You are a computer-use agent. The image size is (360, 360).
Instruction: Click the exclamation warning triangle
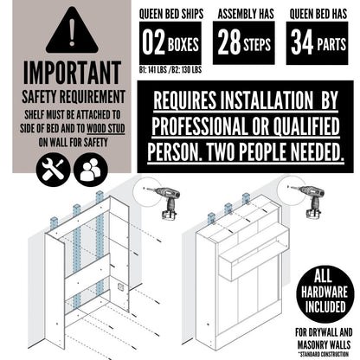point(72,32)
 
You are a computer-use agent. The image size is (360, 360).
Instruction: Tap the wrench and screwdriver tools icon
point(53,170)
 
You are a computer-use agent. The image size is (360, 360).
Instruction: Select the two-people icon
point(91,170)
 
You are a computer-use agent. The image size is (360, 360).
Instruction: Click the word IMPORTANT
point(72,73)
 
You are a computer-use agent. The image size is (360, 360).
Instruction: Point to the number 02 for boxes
point(153,43)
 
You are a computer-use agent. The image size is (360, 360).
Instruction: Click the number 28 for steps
point(229,42)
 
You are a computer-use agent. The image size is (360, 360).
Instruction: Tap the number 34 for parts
point(302,42)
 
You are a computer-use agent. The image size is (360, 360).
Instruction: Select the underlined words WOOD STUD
point(106,129)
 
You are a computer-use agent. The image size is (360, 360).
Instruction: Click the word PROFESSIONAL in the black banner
point(198,126)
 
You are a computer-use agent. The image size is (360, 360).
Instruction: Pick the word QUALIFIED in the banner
point(306,126)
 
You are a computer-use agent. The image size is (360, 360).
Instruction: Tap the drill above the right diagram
point(309,201)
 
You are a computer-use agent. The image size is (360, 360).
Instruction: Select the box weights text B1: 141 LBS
point(153,70)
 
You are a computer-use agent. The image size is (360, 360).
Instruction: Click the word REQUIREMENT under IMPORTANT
point(94,97)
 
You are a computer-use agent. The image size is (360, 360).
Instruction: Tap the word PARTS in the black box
point(331,45)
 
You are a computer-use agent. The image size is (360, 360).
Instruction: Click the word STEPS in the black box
point(257,44)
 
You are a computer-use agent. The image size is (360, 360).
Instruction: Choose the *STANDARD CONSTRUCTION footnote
point(324,354)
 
